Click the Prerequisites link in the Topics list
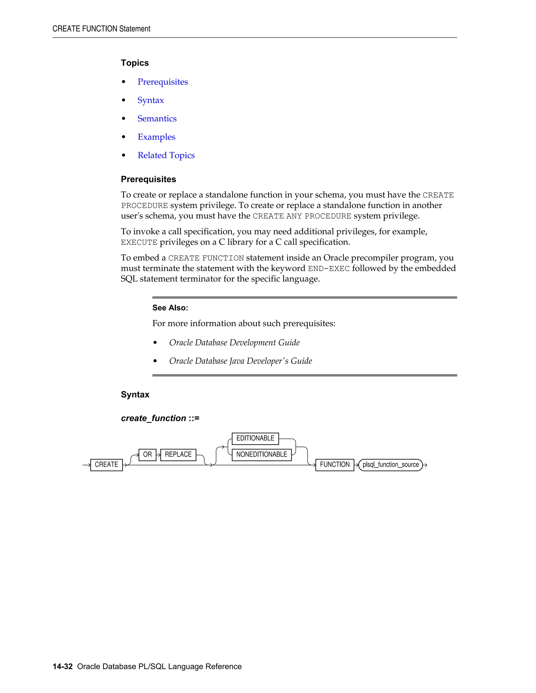[x=163, y=82]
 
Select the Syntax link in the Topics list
[x=150, y=100]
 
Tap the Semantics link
[x=157, y=119]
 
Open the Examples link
[x=156, y=137]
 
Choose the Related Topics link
[x=166, y=156]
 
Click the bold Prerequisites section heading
[x=148, y=179]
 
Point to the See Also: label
[x=170, y=308]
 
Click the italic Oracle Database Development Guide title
[x=234, y=343]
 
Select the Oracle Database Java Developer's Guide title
[x=240, y=361]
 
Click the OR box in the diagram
[x=147, y=455]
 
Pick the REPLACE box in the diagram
[x=178, y=455]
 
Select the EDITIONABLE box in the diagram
[x=255, y=438]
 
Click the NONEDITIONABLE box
[x=261, y=455]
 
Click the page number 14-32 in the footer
[x=63, y=666]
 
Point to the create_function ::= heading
[x=160, y=418]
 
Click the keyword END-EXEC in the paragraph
[x=329, y=269]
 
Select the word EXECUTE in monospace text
[x=139, y=242]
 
